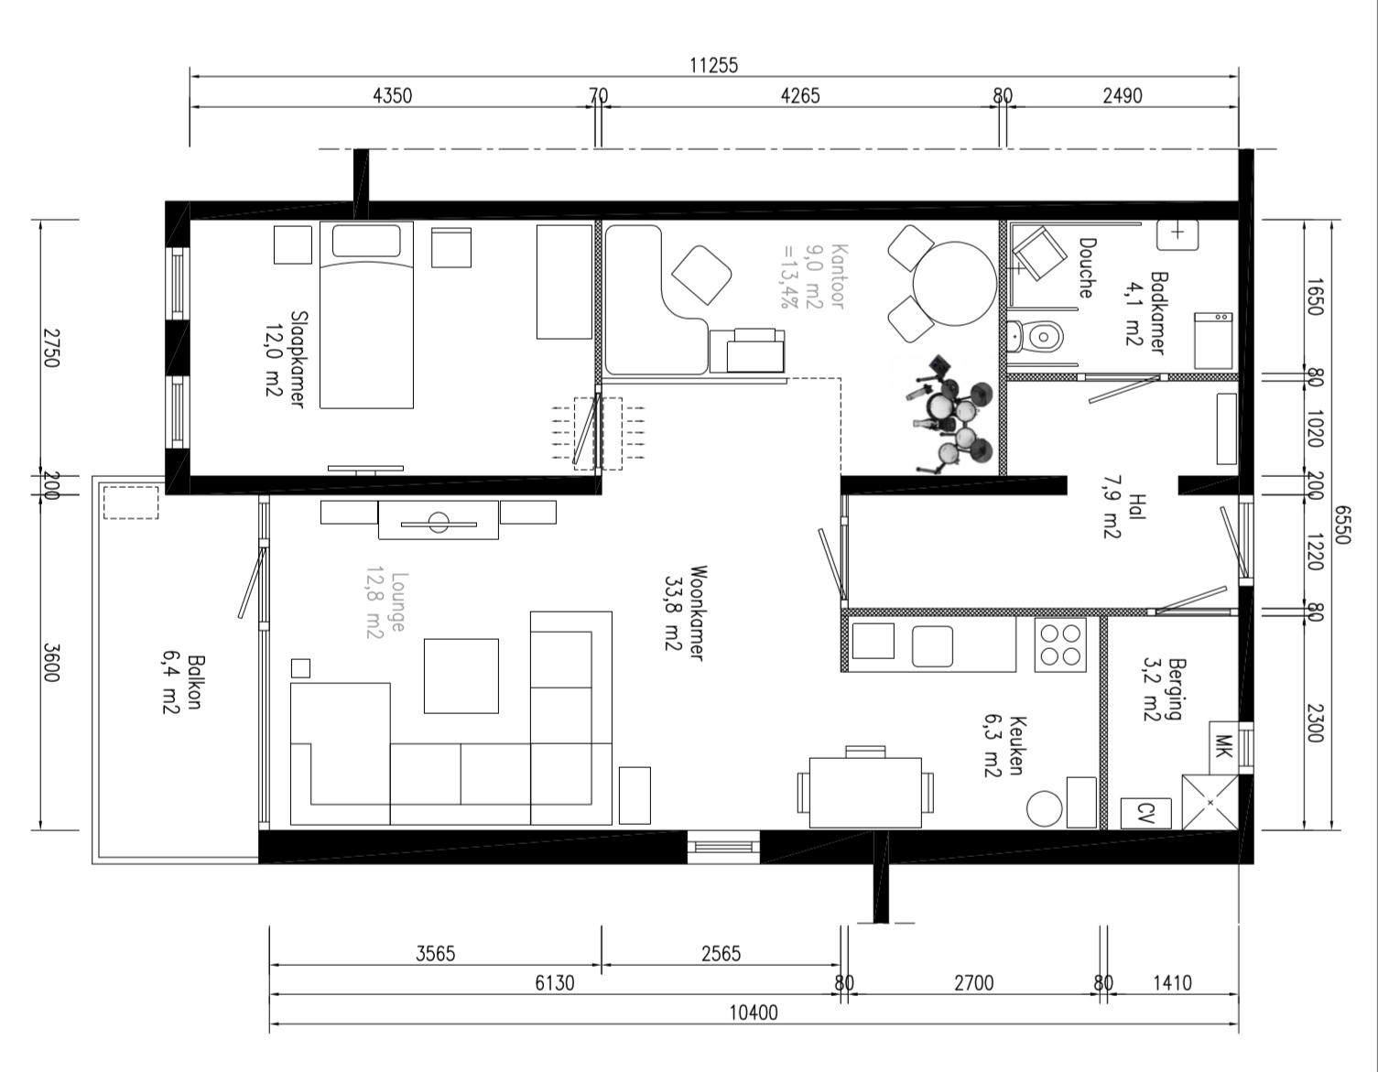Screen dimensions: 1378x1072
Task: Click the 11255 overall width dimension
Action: [714, 65]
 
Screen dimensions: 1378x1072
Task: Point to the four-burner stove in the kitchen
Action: [1060, 644]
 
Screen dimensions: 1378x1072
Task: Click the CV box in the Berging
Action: [1146, 813]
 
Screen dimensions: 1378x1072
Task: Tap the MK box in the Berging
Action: [1223, 747]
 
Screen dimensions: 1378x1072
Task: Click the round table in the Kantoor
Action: [954, 284]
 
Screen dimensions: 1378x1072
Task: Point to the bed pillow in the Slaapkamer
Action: [366, 240]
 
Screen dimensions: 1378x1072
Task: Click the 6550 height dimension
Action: [1342, 525]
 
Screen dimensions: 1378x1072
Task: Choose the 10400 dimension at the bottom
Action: [754, 1012]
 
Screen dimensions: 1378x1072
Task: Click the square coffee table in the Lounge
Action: [461, 676]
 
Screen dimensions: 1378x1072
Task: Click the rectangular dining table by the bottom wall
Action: [865, 793]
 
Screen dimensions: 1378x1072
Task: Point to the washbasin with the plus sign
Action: [1177, 235]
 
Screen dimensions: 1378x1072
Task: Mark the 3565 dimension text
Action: [436, 954]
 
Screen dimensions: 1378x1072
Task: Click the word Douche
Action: [1087, 267]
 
